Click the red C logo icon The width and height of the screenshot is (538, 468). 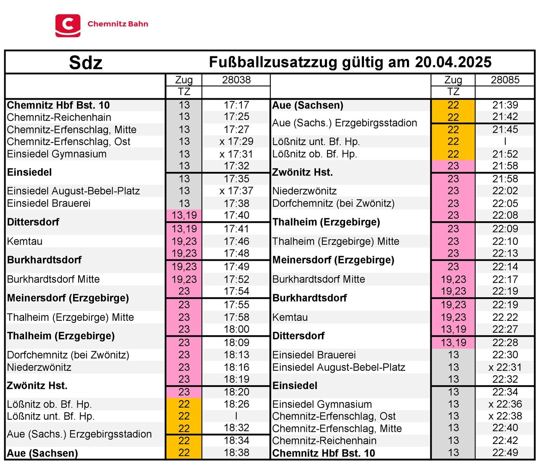(x=68, y=25)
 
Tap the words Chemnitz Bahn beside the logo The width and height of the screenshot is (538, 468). (x=118, y=24)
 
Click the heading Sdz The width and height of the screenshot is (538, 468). (x=86, y=63)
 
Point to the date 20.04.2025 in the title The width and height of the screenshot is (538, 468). (x=453, y=62)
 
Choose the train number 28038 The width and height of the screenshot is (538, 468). (x=236, y=80)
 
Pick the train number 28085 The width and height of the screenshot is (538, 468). (x=505, y=80)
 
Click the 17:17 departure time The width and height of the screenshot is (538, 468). (x=236, y=105)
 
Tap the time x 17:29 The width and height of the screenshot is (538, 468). (x=236, y=142)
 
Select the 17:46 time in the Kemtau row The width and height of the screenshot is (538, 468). (x=236, y=241)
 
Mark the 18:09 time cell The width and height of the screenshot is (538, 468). (x=236, y=342)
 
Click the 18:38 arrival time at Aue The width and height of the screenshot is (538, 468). (x=236, y=453)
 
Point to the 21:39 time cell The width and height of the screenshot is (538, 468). (x=505, y=105)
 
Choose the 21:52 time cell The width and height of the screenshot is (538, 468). (x=505, y=154)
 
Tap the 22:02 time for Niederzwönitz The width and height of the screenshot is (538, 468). (x=505, y=191)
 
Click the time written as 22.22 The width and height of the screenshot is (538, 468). (x=505, y=317)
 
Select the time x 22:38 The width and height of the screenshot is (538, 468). (x=505, y=416)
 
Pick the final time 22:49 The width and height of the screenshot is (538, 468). (x=505, y=453)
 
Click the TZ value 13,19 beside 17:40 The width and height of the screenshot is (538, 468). (x=184, y=215)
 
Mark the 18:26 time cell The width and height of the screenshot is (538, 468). (x=236, y=404)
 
